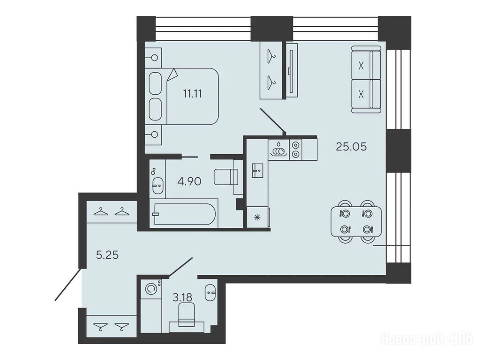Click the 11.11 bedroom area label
click(x=192, y=93)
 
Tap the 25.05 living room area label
click(x=351, y=147)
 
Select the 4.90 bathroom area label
click(x=189, y=181)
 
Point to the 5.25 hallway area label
click(x=107, y=255)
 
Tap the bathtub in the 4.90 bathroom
click(x=183, y=214)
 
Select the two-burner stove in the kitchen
click(x=295, y=150)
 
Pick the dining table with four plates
click(x=356, y=221)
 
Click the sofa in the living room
click(x=366, y=80)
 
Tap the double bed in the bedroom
click(x=184, y=97)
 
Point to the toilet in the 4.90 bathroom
click(x=226, y=177)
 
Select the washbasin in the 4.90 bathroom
click(x=158, y=185)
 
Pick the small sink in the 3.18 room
click(x=210, y=292)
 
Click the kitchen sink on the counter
click(x=257, y=170)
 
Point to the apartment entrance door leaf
click(x=68, y=284)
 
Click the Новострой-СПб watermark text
click(x=427, y=339)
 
